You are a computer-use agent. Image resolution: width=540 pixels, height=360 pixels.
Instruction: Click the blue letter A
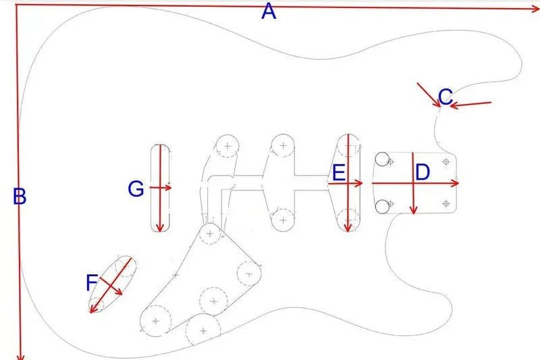click(x=269, y=12)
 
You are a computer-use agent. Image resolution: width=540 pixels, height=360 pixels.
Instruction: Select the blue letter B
click(x=20, y=197)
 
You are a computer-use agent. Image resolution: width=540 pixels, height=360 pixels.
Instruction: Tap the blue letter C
click(x=446, y=97)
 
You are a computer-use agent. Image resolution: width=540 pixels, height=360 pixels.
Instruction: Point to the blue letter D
click(x=423, y=173)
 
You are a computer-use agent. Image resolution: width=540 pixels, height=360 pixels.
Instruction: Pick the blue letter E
click(x=338, y=173)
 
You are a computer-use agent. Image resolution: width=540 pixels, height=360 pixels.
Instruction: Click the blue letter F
click(x=91, y=282)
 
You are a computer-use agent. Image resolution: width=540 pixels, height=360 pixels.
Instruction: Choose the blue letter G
click(x=136, y=189)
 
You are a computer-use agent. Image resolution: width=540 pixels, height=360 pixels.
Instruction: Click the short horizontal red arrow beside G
click(x=161, y=188)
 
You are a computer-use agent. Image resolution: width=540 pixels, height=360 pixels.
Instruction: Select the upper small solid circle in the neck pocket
click(x=382, y=159)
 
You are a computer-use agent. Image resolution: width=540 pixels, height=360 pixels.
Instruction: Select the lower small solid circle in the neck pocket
click(x=382, y=207)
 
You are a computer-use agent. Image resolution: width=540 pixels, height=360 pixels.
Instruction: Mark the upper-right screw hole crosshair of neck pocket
click(x=446, y=161)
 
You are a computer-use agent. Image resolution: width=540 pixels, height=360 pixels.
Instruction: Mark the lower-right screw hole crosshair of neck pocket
click(x=446, y=204)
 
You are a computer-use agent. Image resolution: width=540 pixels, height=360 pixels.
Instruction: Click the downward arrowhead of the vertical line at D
click(x=414, y=210)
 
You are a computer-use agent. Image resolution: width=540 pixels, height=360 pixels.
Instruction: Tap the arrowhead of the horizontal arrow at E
click(x=359, y=183)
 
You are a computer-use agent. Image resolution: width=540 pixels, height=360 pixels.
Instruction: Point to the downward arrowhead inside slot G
click(x=159, y=228)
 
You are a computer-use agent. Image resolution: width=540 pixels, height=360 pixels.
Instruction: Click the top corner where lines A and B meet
click(x=16, y=5)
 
